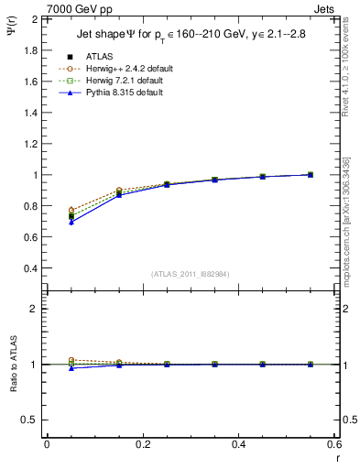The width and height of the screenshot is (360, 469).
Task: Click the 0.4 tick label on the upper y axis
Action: click(x=29, y=268)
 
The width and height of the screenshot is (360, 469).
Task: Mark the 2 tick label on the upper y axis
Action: click(x=34, y=19)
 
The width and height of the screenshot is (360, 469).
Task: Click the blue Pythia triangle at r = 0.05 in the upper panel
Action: click(x=71, y=223)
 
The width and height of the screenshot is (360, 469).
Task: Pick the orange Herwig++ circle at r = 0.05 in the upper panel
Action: click(x=71, y=211)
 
